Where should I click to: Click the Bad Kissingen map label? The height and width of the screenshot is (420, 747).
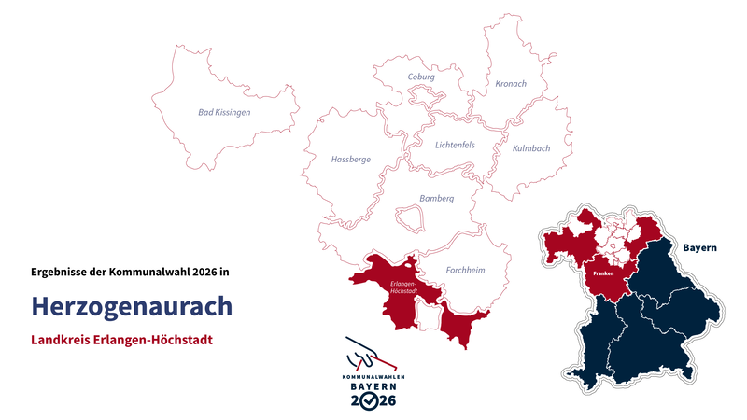click(224, 112)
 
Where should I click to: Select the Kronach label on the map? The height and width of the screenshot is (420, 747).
click(510, 84)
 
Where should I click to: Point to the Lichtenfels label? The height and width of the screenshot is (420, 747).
click(455, 145)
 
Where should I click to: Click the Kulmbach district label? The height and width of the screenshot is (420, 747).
click(530, 148)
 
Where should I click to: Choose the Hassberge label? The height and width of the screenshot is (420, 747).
click(351, 160)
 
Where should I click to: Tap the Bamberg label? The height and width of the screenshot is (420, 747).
click(436, 199)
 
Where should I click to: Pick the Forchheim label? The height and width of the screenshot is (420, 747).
click(465, 271)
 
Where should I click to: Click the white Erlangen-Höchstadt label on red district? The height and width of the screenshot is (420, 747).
click(402, 285)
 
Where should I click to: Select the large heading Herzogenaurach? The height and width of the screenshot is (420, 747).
click(131, 306)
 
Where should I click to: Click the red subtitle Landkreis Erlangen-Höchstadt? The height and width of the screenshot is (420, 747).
click(121, 340)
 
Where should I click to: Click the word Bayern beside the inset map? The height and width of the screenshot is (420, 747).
click(698, 248)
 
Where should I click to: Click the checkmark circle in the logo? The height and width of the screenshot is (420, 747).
click(373, 400)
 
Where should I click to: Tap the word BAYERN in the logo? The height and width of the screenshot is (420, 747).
click(373, 385)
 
